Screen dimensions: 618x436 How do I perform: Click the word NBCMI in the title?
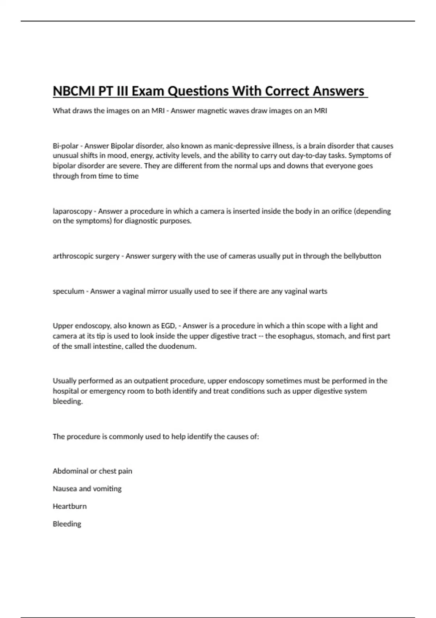[x=74, y=91]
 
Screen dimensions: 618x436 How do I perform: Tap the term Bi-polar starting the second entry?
[x=65, y=146]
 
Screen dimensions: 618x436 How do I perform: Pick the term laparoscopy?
[x=72, y=212]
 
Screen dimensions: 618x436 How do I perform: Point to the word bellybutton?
[x=362, y=256]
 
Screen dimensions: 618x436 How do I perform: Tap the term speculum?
[x=68, y=292]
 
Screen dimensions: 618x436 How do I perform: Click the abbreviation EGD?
[x=169, y=326]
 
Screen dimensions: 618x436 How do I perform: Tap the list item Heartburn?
[x=70, y=506]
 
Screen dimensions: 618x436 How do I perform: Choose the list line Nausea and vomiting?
[x=87, y=489]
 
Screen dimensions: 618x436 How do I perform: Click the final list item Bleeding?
[x=67, y=524]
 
